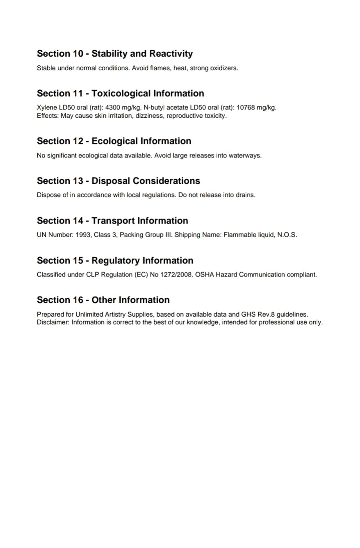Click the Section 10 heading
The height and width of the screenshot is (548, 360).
click(x=115, y=54)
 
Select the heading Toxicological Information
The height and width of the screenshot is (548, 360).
click(x=148, y=94)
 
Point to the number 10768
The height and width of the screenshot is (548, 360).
click(x=246, y=108)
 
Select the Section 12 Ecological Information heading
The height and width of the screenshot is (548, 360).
click(x=114, y=141)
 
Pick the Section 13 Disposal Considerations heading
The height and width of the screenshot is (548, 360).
click(x=118, y=181)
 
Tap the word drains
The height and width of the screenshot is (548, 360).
click(x=245, y=195)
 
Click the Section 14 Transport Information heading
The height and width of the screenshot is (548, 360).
click(x=112, y=221)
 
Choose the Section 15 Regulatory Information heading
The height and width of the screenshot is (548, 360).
click(x=115, y=260)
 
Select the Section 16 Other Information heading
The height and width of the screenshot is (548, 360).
click(x=103, y=300)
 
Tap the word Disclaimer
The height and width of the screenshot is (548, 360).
click(x=53, y=322)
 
